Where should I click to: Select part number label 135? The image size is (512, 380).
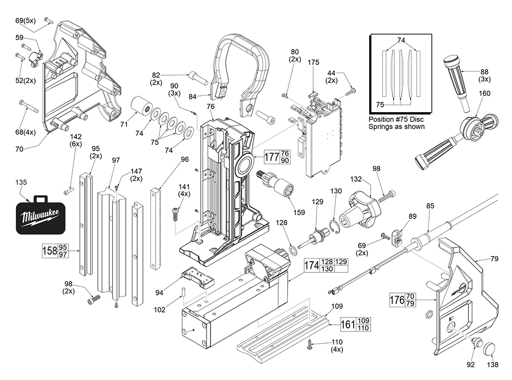[22, 181]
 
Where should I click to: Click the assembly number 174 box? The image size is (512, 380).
[312, 265]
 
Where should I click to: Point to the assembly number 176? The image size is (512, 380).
[397, 300]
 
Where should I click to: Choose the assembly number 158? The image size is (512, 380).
[49, 251]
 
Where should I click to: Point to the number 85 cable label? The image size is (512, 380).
[430, 206]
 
